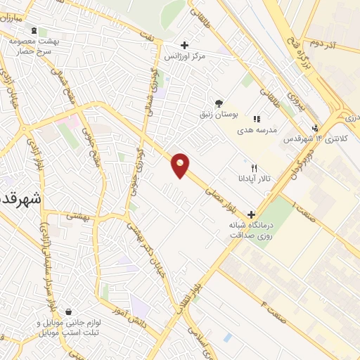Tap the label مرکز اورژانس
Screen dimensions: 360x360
click(x=190, y=56)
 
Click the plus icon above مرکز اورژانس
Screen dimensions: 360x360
click(x=184, y=44)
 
